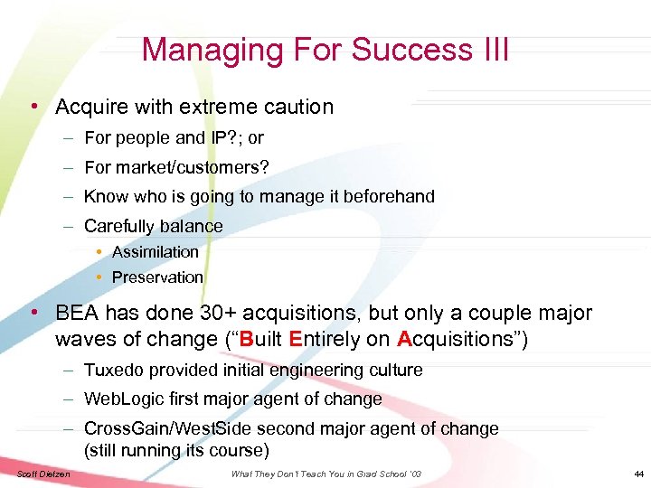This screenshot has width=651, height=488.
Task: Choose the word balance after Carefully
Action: point(188,226)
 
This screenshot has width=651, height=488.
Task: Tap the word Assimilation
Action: point(155,252)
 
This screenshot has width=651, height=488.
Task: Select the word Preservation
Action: point(157,277)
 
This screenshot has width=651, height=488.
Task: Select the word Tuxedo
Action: point(112,370)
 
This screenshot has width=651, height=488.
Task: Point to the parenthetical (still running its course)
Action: point(176,449)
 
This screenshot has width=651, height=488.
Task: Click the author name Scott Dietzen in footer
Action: point(42,474)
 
